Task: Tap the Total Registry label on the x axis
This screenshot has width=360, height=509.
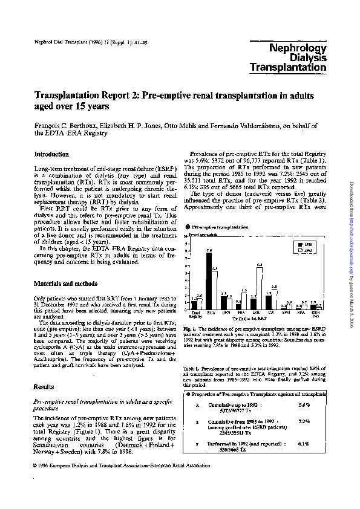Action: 195,315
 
